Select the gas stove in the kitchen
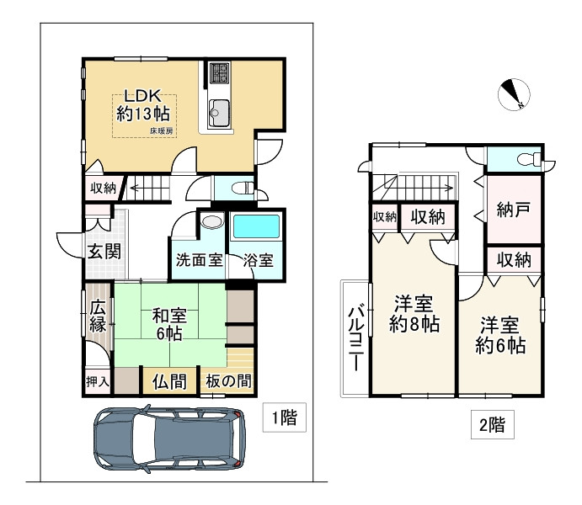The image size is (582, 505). [x=219, y=74]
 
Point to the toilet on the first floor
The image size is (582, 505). [x=239, y=188]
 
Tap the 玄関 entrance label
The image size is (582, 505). [x=102, y=250]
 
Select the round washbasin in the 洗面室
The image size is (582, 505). [x=210, y=223]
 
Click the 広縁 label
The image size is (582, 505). [x=99, y=316]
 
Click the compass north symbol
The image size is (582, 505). [x=514, y=95]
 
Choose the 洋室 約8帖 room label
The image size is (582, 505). [x=413, y=314]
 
